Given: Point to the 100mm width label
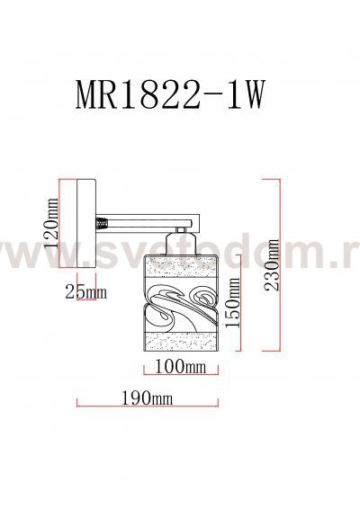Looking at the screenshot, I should tap(180, 368).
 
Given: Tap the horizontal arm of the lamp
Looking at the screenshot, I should tap(148, 219).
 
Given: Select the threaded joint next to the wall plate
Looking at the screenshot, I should tap(103, 219).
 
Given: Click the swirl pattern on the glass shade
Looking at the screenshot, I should tap(180, 306).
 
